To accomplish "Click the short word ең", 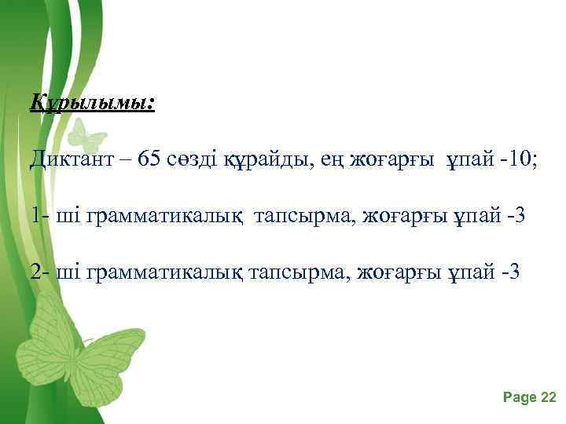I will coord(319,161).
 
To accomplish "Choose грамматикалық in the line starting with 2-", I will coord(167,273).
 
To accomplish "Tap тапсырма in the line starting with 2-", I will coord(299,273).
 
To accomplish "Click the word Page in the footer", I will coord(519,397).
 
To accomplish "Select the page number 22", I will coord(549,397).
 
